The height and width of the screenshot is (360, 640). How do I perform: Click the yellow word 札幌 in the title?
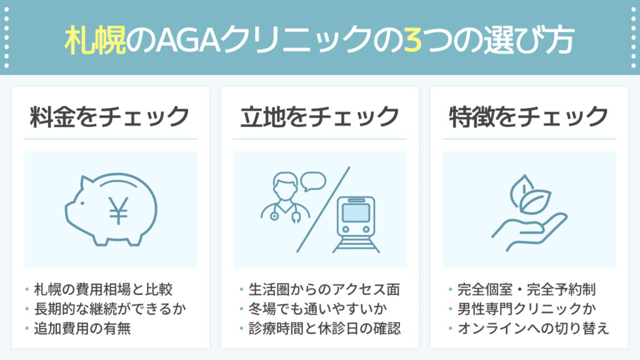tap(95, 39)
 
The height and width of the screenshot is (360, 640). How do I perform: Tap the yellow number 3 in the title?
tap(412, 40)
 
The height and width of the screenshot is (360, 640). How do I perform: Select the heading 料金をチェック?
tap(110, 116)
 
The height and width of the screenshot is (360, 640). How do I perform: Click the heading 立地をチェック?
tap(319, 116)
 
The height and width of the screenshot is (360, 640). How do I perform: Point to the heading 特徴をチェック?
tap(529, 116)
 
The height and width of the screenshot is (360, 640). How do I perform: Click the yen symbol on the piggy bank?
tap(118, 210)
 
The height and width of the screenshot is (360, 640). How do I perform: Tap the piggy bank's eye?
tap(82, 203)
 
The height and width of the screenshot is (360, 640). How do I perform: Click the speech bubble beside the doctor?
tap(313, 181)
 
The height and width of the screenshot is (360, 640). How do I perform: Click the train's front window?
tap(356, 212)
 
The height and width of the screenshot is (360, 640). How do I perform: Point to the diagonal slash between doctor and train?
tap(323, 209)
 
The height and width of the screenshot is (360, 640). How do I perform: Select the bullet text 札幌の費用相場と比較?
tap(103, 289)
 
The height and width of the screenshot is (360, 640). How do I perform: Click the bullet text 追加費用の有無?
tap(82, 328)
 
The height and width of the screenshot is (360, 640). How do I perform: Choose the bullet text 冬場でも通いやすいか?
tap(318, 309)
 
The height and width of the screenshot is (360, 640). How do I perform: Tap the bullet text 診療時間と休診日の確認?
tap(325, 328)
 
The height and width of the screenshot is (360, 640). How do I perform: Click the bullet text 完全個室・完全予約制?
tap(526, 289)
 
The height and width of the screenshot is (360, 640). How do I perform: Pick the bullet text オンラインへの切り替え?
tap(534, 328)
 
